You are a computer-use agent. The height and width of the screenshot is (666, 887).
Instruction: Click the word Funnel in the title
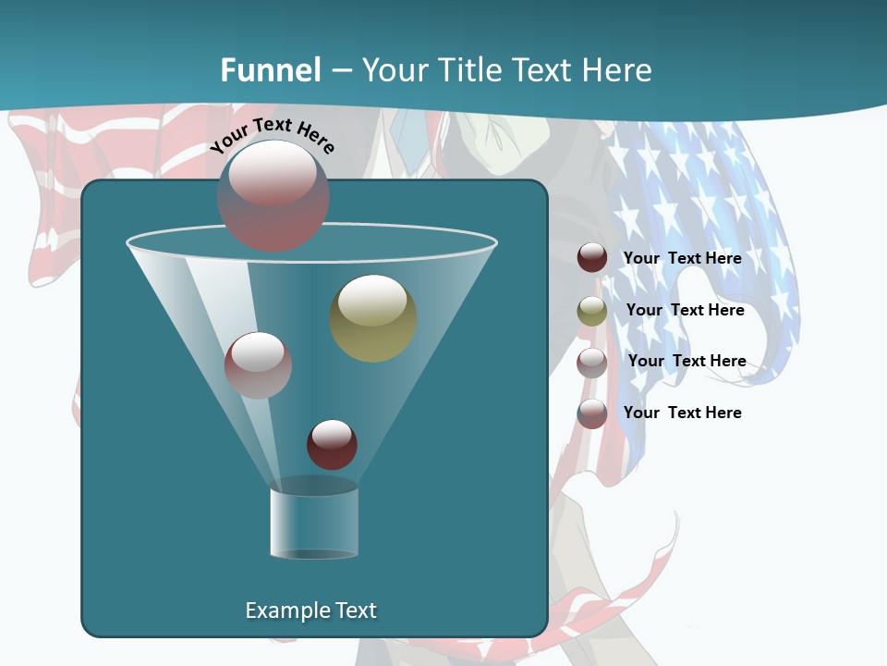click(x=271, y=70)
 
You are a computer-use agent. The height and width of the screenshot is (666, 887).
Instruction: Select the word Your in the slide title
click(x=395, y=70)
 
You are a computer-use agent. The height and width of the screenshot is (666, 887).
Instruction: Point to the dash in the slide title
click(x=341, y=70)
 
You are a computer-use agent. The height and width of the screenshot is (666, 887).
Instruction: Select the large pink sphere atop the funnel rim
click(x=273, y=196)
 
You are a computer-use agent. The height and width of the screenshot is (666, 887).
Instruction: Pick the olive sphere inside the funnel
click(x=373, y=318)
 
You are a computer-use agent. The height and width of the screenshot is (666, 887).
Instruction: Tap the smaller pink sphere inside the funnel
click(x=259, y=365)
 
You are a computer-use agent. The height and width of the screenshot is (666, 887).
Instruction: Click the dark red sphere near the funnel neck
click(x=332, y=445)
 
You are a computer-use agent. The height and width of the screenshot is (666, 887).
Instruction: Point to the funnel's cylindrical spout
click(x=314, y=523)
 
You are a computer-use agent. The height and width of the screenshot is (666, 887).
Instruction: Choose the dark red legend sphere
click(x=592, y=258)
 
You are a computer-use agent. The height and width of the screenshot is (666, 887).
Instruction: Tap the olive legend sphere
click(x=592, y=311)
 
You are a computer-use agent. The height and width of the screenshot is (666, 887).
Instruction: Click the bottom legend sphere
click(x=592, y=413)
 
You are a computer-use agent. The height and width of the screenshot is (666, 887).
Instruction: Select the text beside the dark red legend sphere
click(x=682, y=258)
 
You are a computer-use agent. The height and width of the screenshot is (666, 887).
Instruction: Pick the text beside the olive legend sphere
click(x=685, y=310)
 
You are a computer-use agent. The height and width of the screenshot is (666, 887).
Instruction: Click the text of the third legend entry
click(x=687, y=361)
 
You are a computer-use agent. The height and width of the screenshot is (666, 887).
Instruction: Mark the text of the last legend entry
click(x=682, y=413)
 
